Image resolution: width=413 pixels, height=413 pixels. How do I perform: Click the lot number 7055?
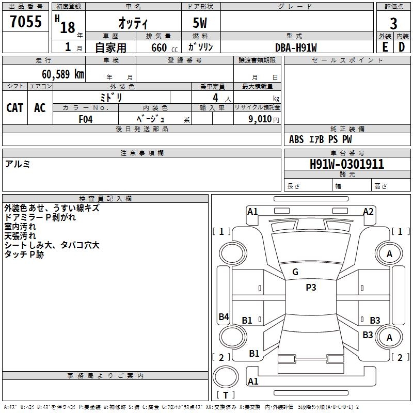tap(25, 22)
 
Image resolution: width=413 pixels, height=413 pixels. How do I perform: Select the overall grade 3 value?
tap(393, 24)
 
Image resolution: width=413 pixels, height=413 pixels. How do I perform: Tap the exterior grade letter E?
tap(385, 47)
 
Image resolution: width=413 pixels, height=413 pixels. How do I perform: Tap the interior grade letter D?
tap(402, 47)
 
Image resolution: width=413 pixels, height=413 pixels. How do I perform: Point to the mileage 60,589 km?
tap(63, 74)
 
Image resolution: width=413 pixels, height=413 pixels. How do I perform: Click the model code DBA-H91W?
tap(296, 47)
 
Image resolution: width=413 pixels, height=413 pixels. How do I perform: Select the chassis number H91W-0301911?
tap(347, 164)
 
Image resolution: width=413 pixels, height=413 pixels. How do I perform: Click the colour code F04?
tap(86, 119)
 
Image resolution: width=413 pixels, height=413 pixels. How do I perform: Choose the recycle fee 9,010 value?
tap(260, 119)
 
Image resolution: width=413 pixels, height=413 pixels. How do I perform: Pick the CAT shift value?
tap(15, 108)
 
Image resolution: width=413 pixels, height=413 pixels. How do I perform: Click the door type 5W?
tap(200, 23)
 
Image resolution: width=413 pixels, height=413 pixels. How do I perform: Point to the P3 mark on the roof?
tap(311, 287)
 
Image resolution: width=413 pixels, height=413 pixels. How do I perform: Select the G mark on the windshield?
tap(295, 272)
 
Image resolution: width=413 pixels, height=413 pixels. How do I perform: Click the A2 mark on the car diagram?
tap(368, 212)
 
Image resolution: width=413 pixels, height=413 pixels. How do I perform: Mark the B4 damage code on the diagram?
tap(224, 316)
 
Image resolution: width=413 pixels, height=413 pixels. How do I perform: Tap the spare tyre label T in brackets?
tap(226, 395)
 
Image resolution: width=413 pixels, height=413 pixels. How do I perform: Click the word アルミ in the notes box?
tap(18, 164)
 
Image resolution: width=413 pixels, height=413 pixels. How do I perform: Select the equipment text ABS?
tap(296, 139)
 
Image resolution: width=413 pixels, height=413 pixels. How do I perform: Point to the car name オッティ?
tap(133, 23)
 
